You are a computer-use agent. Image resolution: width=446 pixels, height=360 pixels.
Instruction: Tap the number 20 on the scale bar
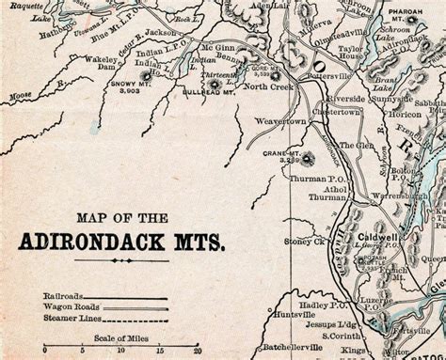point(196,349)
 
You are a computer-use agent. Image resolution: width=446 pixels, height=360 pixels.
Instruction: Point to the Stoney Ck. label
point(304,242)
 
